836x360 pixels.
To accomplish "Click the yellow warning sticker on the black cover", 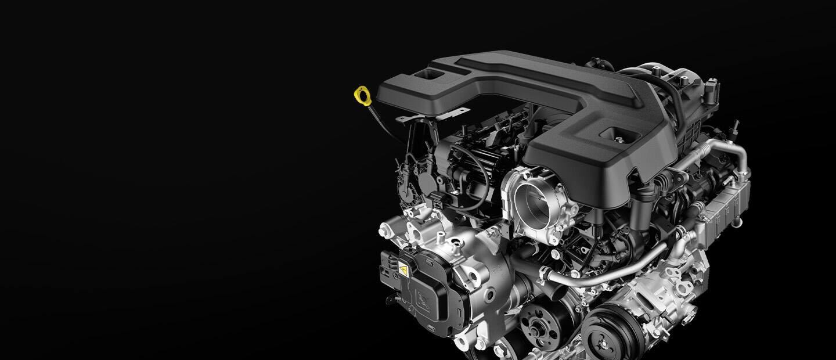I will [x=402, y=269].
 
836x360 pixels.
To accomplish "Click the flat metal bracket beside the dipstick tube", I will [x=433, y=116].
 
